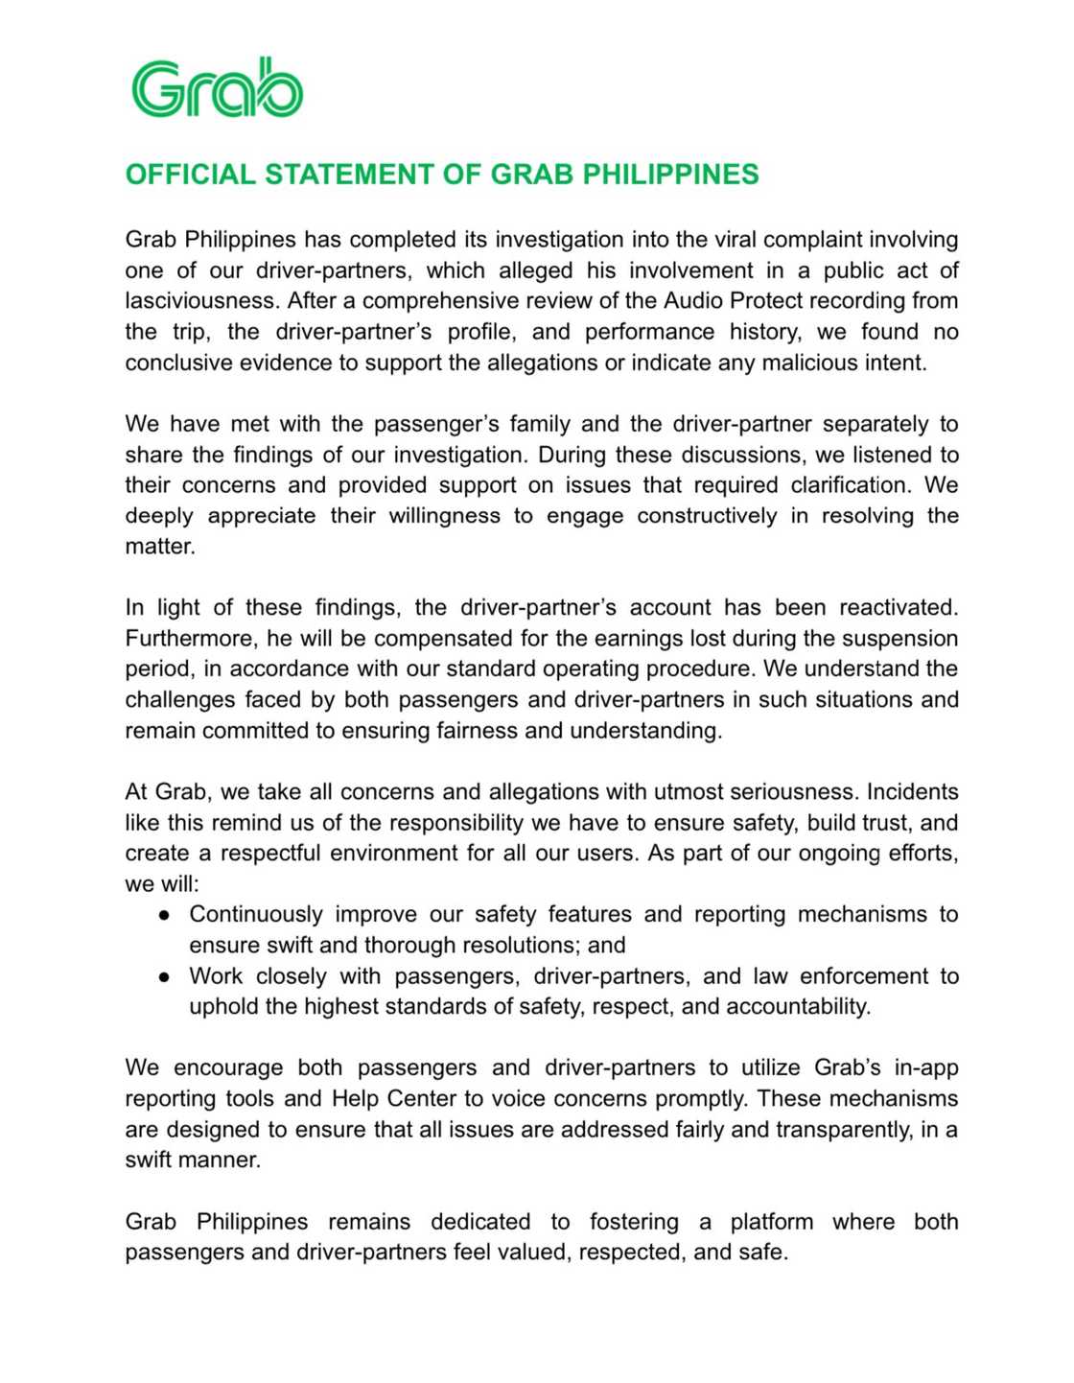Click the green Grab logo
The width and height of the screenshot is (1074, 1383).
click(x=217, y=88)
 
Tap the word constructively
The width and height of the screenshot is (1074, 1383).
click(x=707, y=516)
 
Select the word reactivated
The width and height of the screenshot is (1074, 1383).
click(x=899, y=608)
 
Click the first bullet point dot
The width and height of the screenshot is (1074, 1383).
click(x=165, y=916)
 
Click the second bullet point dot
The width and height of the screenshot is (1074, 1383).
click(x=165, y=977)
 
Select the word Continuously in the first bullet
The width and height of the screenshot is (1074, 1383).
click(x=256, y=915)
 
